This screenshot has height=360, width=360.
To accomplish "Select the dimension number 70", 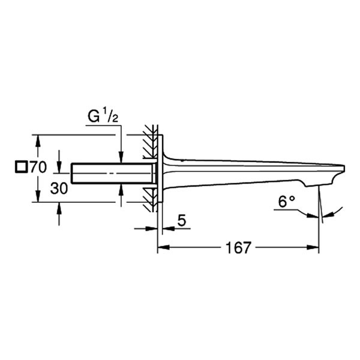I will pyautogui.click(x=38, y=167).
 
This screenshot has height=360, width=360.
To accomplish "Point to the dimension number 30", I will pyautogui.click(x=59, y=188).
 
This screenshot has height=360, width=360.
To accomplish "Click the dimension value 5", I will pyautogui.click(x=182, y=221).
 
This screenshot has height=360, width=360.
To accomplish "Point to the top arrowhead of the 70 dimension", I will pyautogui.click(x=38, y=139).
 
